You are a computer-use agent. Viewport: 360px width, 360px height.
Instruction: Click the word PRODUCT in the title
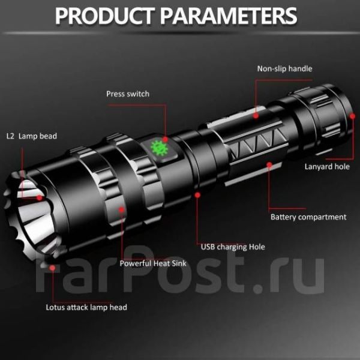coord(104,16)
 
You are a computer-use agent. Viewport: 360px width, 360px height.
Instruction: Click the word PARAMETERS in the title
coord(229,16)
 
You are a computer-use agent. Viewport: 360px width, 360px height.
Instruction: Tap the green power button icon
coord(160,148)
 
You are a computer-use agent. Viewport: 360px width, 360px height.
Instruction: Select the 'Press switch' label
coord(128,94)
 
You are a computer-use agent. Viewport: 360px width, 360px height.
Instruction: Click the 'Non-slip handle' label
coord(284,68)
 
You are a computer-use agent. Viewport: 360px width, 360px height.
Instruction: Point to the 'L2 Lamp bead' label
coord(32,136)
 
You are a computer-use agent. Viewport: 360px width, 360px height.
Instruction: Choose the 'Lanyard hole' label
coord(327,166)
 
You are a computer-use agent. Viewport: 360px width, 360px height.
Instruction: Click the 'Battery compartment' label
coord(308,217)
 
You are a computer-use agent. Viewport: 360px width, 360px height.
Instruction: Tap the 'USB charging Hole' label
coord(233,247)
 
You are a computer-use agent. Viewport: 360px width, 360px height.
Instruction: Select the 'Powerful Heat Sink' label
coord(153,263)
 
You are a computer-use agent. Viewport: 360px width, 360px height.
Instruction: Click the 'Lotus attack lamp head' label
coord(86,307)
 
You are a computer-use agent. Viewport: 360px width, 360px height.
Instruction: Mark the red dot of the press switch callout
coord(166,139)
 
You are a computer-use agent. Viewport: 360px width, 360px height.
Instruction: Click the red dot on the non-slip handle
coord(256,115)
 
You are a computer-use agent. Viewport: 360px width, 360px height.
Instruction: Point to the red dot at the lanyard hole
coord(352,116)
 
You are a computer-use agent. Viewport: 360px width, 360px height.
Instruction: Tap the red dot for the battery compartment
coord(269,164)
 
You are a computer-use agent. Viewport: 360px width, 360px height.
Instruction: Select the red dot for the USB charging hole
coord(197,195)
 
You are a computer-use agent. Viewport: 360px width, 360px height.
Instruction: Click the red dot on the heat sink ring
coord(122,209)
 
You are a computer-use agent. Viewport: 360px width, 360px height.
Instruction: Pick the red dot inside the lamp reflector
coord(40,197)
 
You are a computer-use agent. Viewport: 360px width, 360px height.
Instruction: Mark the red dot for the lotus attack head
coord(52,268)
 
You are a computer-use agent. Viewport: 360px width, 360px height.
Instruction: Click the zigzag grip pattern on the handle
coord(257,144)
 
